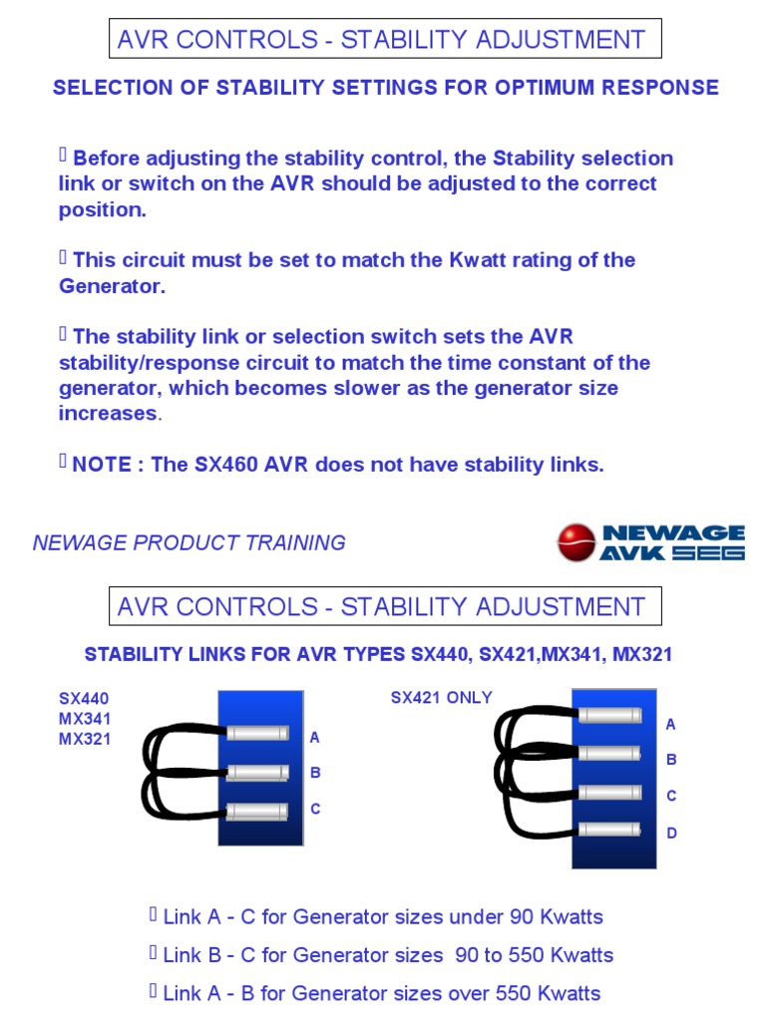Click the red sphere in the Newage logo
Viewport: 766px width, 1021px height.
pyautogui.click(x=575, y=542)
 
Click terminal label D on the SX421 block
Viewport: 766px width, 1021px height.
pyautogui.click(x=671, y=833)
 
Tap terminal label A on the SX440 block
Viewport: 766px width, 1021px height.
pyautogui.click(x=315, y=738)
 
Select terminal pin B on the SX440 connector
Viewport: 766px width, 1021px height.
pyautogui.click(x=256, y=772)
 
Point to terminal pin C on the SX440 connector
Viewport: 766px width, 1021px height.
pyautogui.click(x=256, y=811)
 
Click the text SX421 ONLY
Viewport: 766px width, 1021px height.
pyautogui.click(x=441, y=698)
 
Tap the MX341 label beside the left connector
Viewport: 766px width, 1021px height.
pyautogui.click(x=85, y=719)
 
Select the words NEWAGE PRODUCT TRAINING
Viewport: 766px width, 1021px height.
pyautogui.click(x=190, y=543)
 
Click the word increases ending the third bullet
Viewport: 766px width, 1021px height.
pyautogui.click(x=108, y=413)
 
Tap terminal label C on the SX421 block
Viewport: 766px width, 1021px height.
pyautogui.click(x=671, y=796)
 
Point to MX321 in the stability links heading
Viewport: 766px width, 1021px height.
pyautogui.click(x=642, y=655)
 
